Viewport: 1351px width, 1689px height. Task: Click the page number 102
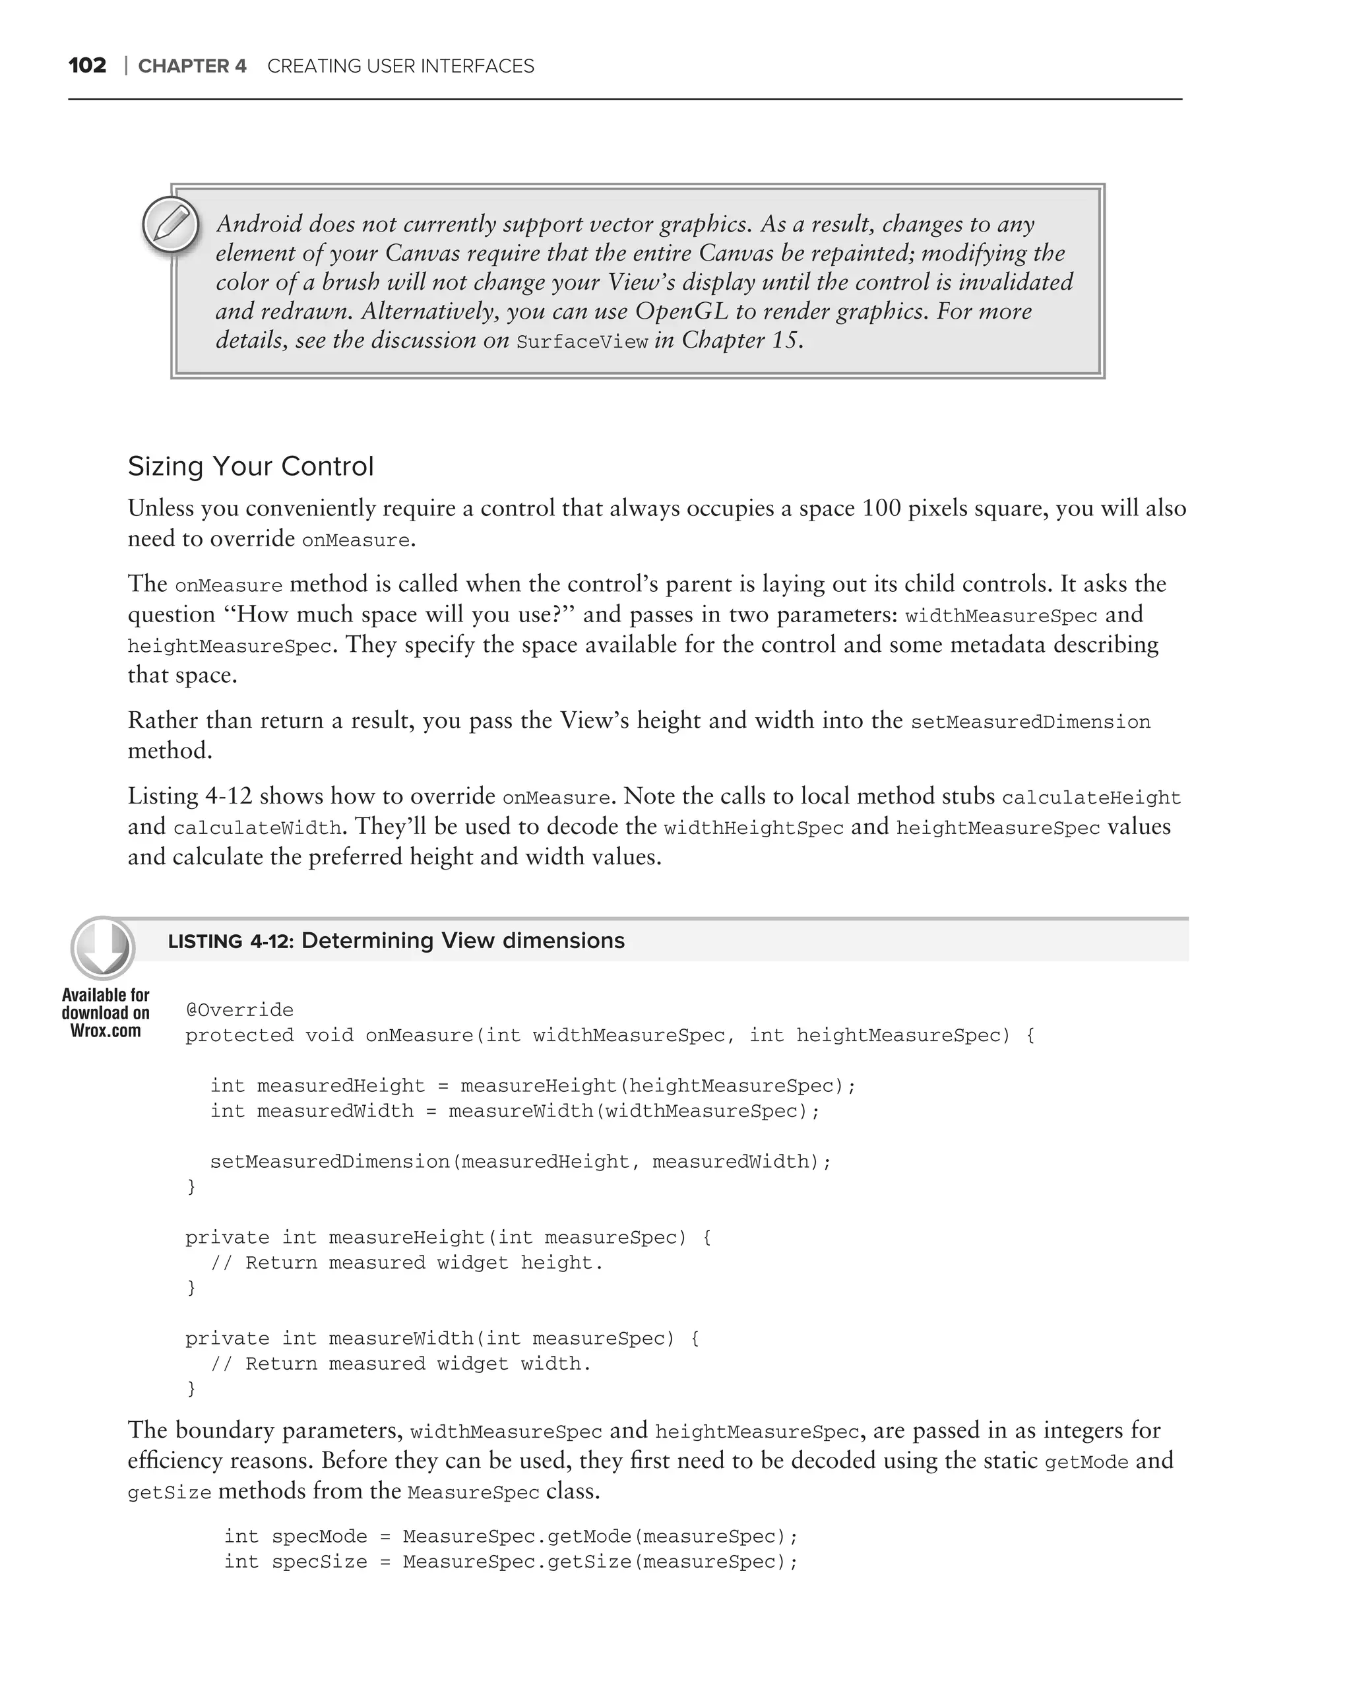87,66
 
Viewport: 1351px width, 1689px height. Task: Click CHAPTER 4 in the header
192,67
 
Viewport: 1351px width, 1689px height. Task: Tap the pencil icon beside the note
171,226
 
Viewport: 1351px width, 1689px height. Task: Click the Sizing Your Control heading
251,466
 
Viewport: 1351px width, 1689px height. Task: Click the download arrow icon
103,948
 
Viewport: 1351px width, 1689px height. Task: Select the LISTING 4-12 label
230,941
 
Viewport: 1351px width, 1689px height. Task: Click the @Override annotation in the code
239,1010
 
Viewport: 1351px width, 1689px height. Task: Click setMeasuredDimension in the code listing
330,1161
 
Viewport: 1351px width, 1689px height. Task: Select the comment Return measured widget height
424,1262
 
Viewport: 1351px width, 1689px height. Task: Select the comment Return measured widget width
418,1363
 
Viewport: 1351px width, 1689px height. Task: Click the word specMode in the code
319,1536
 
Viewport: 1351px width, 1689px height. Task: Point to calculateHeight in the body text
1091,798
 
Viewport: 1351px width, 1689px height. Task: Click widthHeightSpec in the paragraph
753,828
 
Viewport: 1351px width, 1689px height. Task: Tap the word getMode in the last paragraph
1086,1463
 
